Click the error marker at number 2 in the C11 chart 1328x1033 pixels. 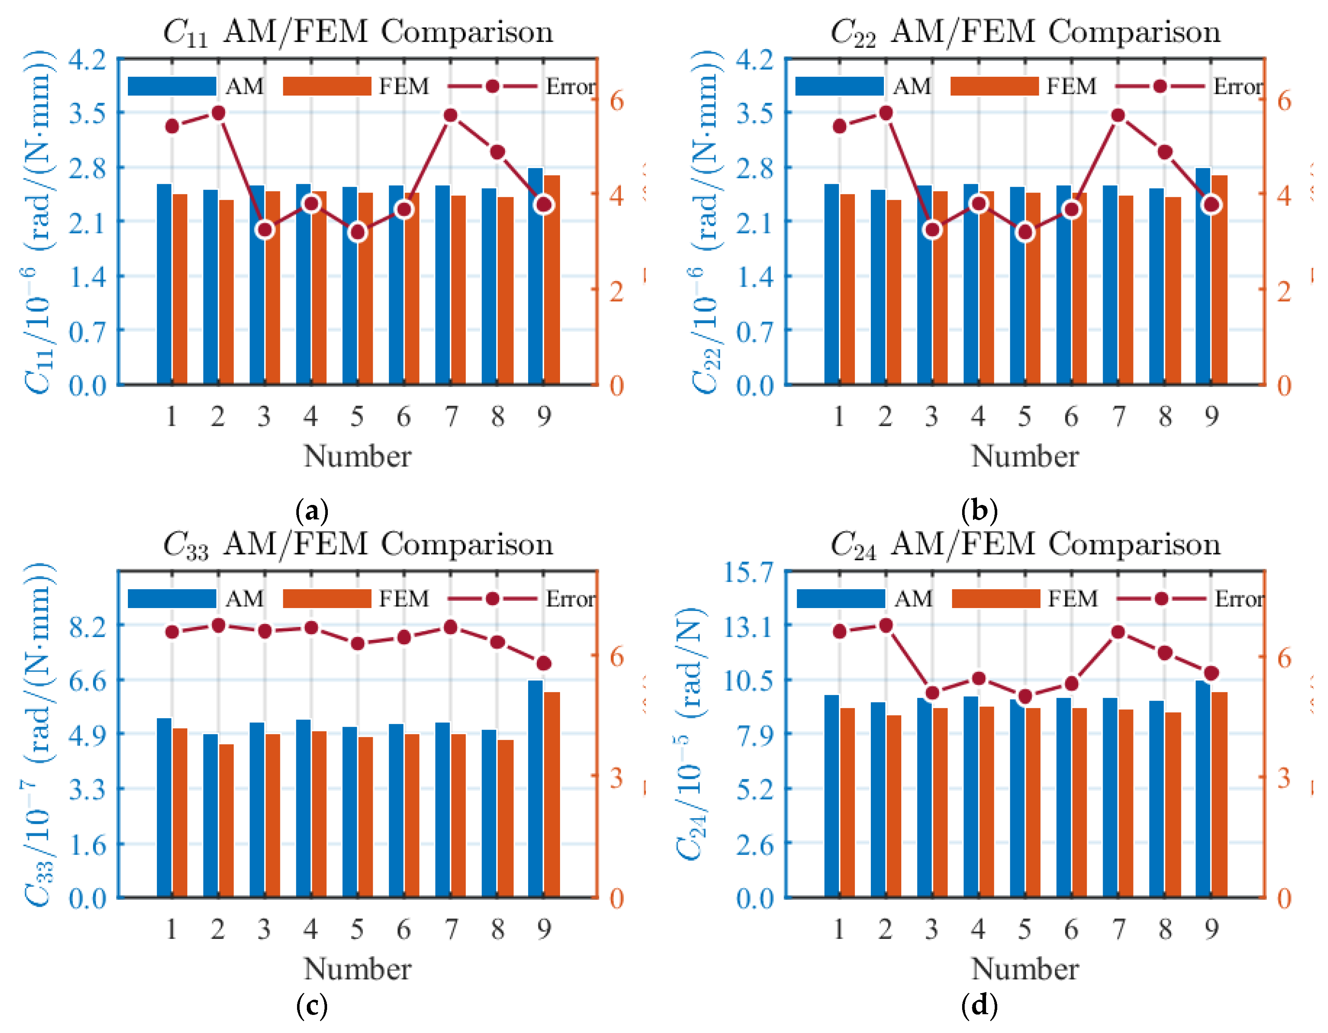[x=219, y=113]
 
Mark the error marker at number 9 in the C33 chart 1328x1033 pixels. [x=544, y=663]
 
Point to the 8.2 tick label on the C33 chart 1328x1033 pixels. [x=88, y=626]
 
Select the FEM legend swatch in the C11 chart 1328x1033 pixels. [x=327, y=86]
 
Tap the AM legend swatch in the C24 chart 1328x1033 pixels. [x=841, y=599]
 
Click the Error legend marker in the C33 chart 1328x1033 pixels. [x=493, y=599]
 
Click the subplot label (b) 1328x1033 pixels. [x=979, y=510]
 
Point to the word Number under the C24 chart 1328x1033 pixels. [x=1025, y=969]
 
